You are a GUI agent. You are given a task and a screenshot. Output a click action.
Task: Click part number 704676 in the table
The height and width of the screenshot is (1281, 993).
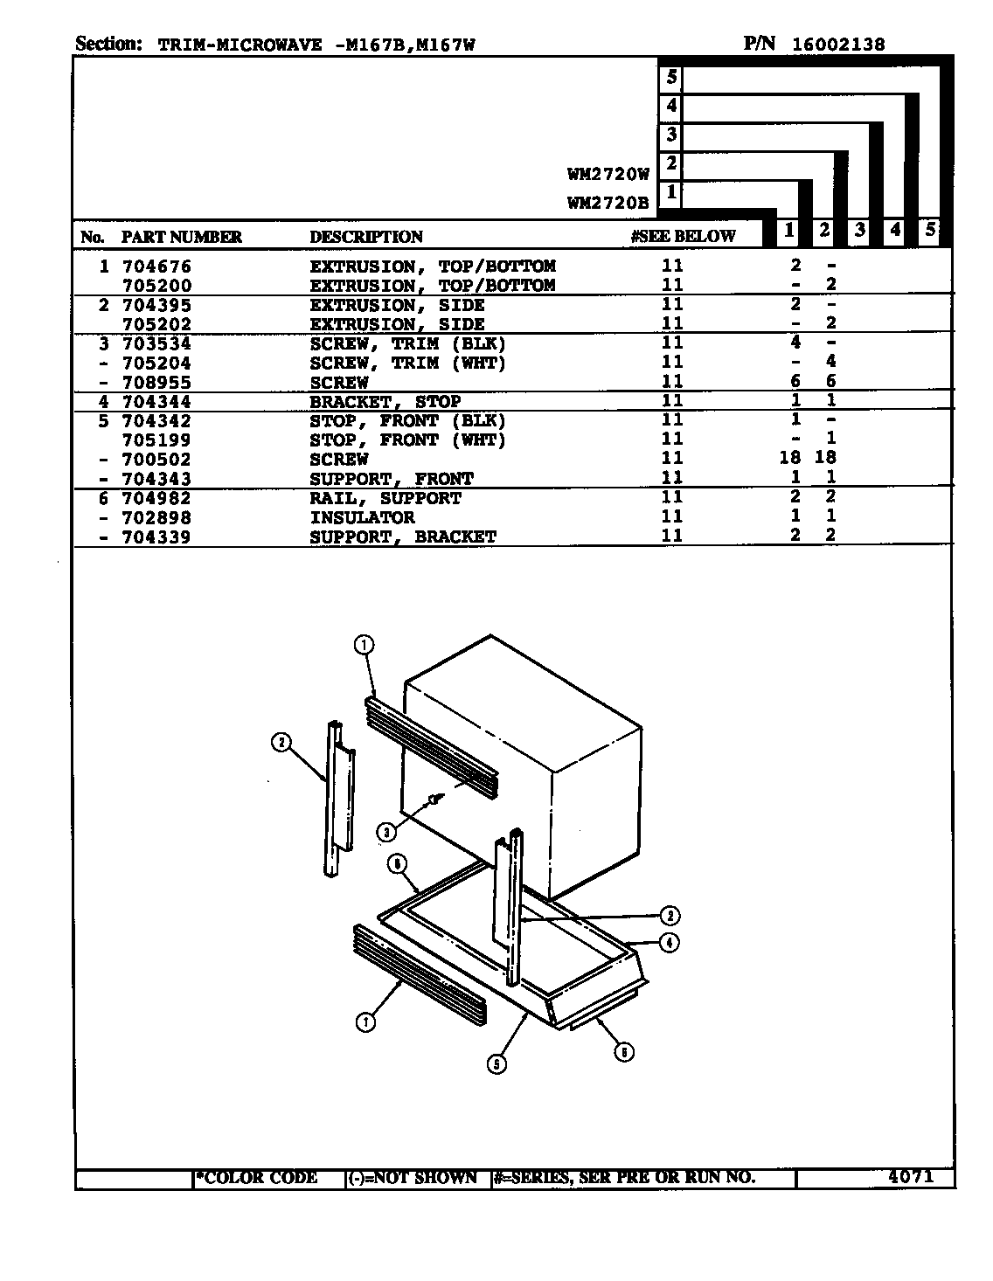click(156, 267)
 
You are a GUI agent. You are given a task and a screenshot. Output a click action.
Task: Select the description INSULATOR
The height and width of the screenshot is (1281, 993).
click(362, 517)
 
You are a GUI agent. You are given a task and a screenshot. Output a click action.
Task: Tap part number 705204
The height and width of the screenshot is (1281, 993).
click(156, 364)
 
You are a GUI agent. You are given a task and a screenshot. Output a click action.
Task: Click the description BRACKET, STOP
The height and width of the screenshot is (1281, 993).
click(385, 402)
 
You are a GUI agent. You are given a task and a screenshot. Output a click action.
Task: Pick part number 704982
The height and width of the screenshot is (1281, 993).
click(156, 499)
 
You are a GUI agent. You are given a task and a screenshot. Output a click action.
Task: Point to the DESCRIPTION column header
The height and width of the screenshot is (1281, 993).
click(366, 237)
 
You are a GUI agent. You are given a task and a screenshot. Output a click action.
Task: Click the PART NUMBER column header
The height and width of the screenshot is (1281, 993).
click(182, 237)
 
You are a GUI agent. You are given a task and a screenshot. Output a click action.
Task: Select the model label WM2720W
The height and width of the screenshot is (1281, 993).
click(608, 174)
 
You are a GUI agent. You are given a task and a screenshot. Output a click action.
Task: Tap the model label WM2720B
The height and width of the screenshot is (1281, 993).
click(608, 203)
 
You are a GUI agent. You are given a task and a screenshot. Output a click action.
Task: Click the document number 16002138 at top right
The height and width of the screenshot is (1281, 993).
click(838, 45)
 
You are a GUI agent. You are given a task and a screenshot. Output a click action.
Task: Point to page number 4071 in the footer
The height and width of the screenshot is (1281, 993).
click(911, 1177)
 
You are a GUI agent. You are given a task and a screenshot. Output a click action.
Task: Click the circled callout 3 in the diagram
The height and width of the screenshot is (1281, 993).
click(386, 833)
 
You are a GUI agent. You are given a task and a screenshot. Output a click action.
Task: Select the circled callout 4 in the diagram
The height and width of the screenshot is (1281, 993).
click(669, 943)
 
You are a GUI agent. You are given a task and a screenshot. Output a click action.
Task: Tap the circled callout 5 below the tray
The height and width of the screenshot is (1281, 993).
click(496, 1064)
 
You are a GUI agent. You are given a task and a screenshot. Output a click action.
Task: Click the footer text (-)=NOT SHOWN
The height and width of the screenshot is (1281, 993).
click(413, 1178)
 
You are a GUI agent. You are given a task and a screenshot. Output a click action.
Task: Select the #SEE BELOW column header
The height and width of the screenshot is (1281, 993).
click(683, 237)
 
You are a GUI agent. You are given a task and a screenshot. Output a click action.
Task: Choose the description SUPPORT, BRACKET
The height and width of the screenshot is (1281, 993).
click(403, 537)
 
